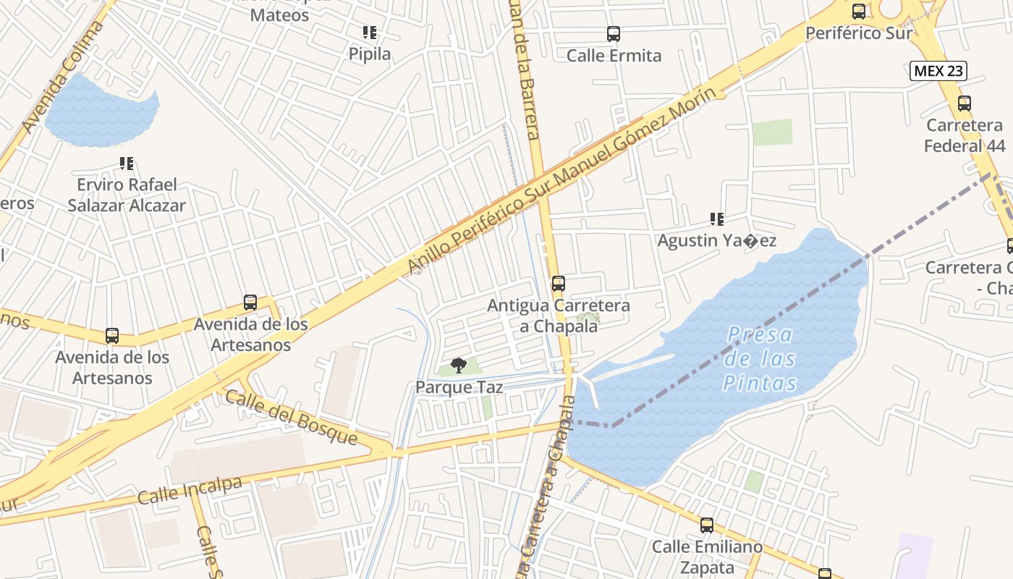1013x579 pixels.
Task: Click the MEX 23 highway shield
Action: [938, 70]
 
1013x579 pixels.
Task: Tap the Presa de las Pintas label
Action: [760, 359]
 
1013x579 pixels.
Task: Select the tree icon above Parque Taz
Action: [458, 365]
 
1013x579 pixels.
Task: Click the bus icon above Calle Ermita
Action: [614, 34]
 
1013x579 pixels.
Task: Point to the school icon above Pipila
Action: [370, 33]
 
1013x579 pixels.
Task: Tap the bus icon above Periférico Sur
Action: [859, 12]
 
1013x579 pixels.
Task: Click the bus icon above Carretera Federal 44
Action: [965, 103]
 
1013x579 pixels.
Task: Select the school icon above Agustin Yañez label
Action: [717, 219]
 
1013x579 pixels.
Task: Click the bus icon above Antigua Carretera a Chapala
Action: [558, 284]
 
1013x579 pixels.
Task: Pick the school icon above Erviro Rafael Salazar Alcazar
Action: [127, 164]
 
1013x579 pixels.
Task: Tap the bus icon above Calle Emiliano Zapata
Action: [707, 525]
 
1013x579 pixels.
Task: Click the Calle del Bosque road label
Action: [291, 418]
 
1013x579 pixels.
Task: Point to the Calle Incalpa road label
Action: [190, 491]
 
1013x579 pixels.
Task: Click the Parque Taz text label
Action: [459, 387]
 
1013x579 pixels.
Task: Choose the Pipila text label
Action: [370, 54]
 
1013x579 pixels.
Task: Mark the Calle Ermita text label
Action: [614, 56]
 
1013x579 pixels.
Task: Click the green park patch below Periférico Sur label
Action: [772, 132]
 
